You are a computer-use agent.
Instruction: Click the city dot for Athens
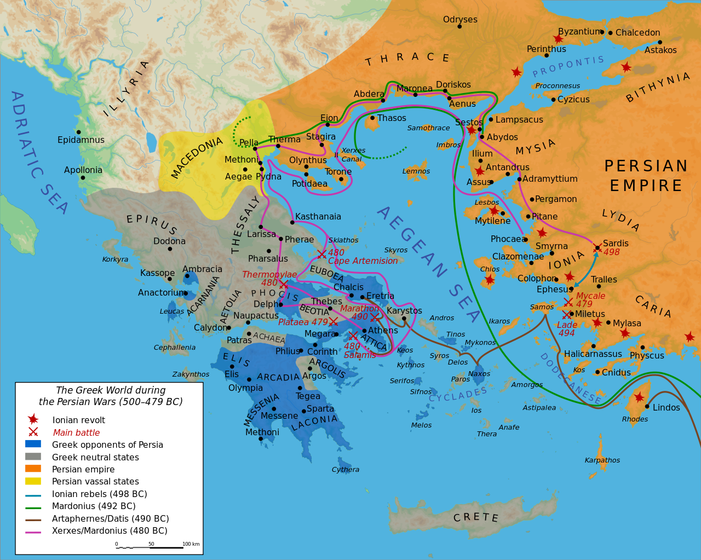click(x=364, y=331)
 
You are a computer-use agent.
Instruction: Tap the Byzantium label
click(x=579, y=32)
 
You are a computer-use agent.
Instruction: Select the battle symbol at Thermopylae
click(x=284, y=284)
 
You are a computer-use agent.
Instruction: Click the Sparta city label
click(x=320, y=408)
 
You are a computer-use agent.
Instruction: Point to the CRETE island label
click(x=475, y=517)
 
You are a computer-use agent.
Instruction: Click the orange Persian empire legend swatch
click(x=33, y=469)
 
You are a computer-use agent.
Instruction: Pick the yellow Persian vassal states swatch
click(x=33, y=481)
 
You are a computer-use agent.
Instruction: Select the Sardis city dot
click(x=597, y=248)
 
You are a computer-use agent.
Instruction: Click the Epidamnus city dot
click(x=79, y=132)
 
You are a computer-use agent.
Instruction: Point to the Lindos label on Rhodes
click(x=666, y=407)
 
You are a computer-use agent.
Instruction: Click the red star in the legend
click(x=33, y=419)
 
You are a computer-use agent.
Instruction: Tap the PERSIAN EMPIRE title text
click(x=646, y=176)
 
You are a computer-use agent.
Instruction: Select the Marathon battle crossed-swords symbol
click(x=375, y=317)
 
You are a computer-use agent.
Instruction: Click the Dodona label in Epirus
click(x=169, y=241)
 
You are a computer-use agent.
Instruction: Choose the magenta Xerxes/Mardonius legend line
click(x=33, y=531)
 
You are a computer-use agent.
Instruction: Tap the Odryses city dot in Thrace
click(x=459, y=26)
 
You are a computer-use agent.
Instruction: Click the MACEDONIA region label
click(x=197, y=158)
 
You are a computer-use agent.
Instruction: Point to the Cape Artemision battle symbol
click(x=321, y=254)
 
